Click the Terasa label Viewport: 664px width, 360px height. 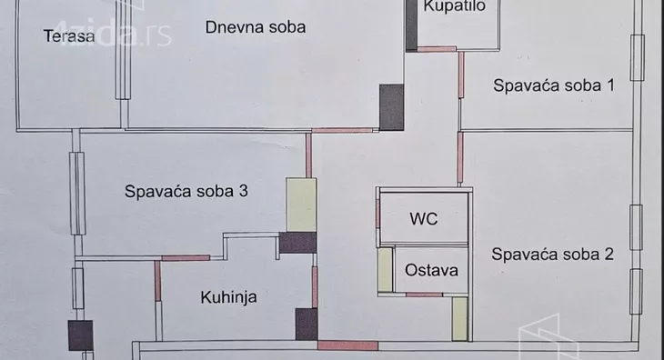tap(69, 36)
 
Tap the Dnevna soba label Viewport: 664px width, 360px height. tap(255, 26)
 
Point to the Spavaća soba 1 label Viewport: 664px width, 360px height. tap(554, 86)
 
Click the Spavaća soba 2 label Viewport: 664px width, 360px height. tap(552, 255)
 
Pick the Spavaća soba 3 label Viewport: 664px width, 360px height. tap(186, 192)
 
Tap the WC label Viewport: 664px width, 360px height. tap(423, 219)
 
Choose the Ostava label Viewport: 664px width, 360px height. tap(431, 270)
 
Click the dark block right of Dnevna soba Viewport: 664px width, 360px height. tap(391, 105)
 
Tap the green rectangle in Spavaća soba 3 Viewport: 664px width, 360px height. tap(300, 205)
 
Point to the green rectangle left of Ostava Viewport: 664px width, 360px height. tap(386, 269)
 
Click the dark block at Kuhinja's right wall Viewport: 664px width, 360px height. tap(306, 323)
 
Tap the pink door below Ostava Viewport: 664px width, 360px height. tap(424, 295)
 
